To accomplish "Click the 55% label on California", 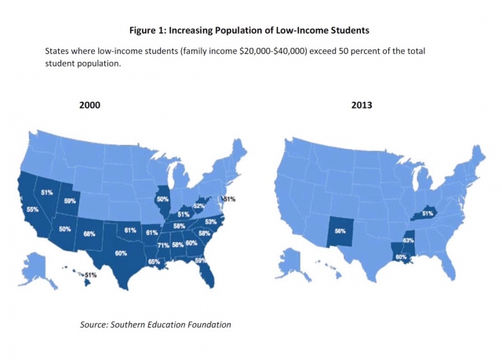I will (x=32, y=210).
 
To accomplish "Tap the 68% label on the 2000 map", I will (x=89, y=234).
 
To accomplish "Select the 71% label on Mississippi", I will (x=164, y=245).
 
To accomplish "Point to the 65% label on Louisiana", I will (x=154, y=262).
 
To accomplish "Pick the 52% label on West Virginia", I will (x=199, y=206).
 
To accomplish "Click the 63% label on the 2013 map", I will (x=409, y=240).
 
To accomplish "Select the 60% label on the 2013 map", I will (x=400, y=256).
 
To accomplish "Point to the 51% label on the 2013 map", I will (x=428, y=213).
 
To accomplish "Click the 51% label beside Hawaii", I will (x=90, y=275).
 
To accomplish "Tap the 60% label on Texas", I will (x=121, y=253).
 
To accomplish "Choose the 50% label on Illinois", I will (x=162, y=199).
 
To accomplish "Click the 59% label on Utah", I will (x=70, y=202).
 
